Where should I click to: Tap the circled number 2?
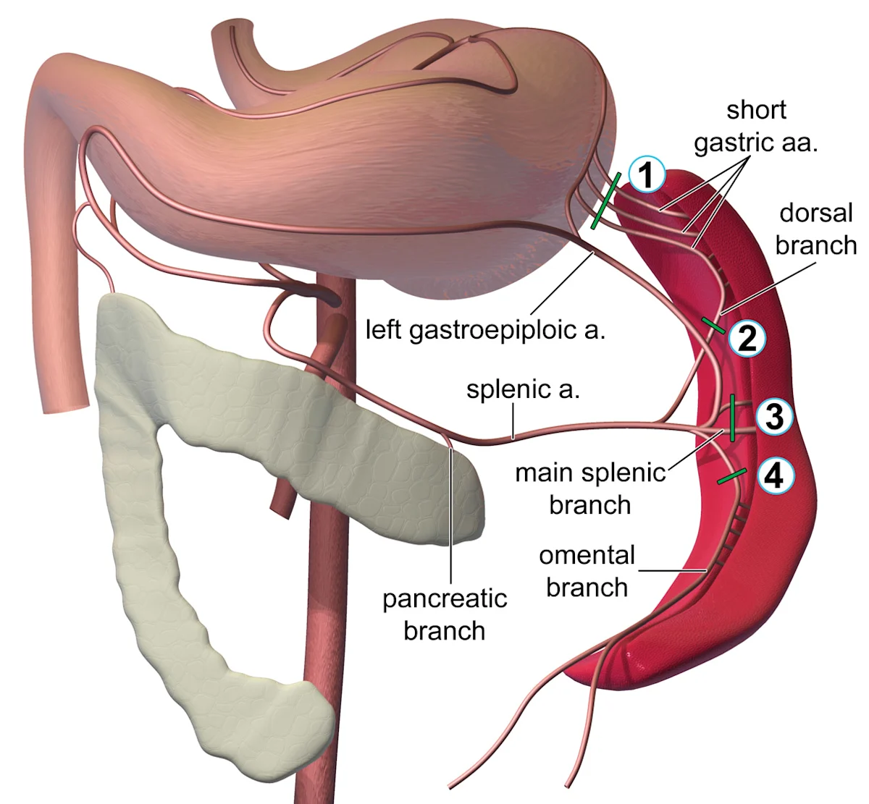tap(746, 337)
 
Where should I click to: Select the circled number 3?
tap(774, 417)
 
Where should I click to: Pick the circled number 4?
tap(774, 476)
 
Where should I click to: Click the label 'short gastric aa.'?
tap(756, 126)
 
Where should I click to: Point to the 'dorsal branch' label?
tap(815, 229)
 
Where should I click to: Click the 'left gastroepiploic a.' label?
tap(484, 330)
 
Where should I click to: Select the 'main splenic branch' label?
tap(589, 488)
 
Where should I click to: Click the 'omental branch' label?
tap(587, 571)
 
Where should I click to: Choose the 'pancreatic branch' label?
tap(444, 614)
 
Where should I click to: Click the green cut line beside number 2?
tap(713, 325)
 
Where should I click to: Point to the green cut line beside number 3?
tap(732, 418)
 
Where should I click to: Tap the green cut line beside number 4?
tap(731, 476)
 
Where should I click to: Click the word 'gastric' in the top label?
tap(732, 143)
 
